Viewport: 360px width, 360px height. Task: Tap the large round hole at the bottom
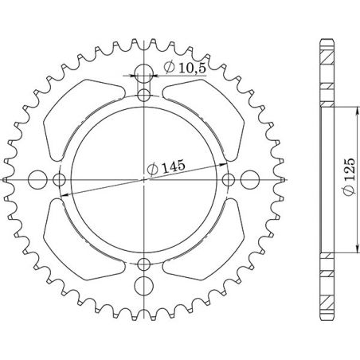143,285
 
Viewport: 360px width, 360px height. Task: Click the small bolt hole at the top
143,96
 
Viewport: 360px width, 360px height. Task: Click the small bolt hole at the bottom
143,264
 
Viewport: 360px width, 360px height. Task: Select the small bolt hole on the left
60,180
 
